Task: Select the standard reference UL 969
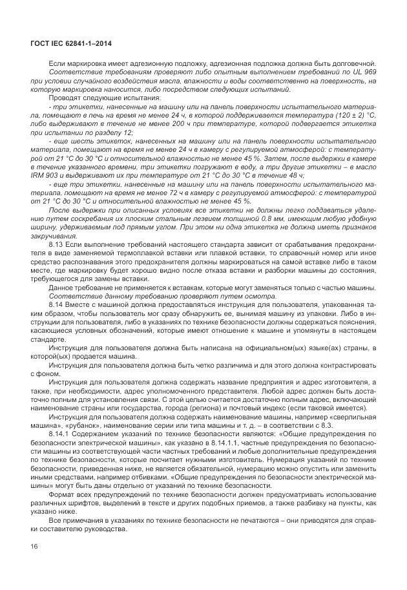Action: click(365, 73)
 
